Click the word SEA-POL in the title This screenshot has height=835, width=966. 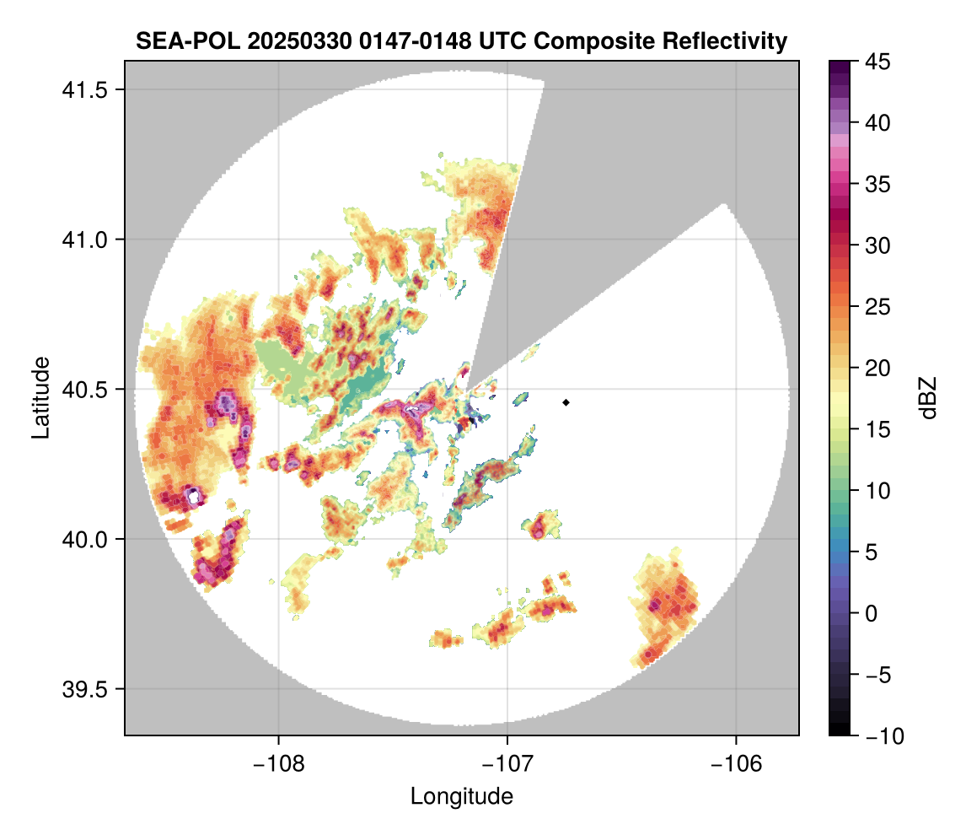[178, 40]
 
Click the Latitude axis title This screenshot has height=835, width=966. [40, 397]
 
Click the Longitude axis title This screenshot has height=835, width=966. [462, 795]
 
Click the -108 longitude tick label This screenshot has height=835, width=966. [278, 763]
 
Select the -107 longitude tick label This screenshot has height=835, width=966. [507, 763]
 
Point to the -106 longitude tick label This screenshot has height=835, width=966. [737, 763]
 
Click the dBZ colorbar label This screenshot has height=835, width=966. [928, 397]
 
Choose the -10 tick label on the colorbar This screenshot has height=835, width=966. [885, 736]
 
